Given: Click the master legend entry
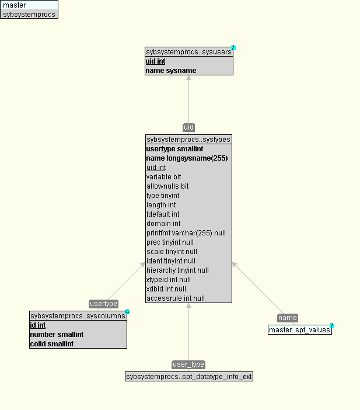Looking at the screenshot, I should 29,5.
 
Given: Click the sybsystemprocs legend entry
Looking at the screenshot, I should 29,14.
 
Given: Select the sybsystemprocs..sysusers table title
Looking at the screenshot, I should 188,52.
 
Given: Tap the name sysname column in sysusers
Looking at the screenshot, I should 171,71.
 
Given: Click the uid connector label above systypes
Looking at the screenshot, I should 188,127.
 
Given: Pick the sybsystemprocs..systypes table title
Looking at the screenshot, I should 188,140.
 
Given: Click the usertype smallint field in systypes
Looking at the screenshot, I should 174,149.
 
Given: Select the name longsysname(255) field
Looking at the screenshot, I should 187,158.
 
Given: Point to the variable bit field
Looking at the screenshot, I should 163,177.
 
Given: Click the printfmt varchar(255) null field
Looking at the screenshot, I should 186,233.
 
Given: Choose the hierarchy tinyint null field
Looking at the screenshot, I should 177,270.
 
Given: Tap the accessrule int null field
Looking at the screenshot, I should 175,298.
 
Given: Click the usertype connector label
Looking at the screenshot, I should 104,304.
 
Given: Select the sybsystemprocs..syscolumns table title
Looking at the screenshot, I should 78,316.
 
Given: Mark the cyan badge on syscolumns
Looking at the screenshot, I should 127,312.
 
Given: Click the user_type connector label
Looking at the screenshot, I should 188,364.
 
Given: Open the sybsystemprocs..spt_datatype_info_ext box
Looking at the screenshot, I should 189,377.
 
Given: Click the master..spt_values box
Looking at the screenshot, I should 299,330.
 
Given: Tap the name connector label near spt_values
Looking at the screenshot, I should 288,318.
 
